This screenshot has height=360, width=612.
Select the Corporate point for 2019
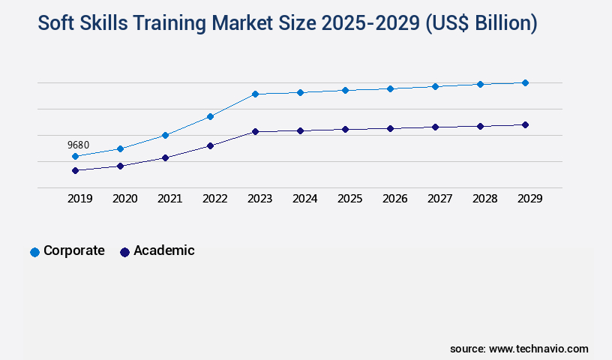(75, 156)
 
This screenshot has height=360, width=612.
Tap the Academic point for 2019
(75, 170)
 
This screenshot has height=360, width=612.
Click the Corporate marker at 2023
(255, 94)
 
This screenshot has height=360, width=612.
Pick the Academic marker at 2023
(255, 131)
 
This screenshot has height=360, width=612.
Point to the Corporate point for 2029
(525, 82)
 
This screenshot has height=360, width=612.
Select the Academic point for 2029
(525, 124)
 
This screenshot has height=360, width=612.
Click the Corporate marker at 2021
(165, 135)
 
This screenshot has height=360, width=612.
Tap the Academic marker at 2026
(390, 128)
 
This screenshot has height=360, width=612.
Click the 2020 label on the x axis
(124, 199)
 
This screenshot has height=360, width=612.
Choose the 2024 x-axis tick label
(304, 199)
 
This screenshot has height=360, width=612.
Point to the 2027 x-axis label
(439, 199)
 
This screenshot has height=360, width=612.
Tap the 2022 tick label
(214, 199)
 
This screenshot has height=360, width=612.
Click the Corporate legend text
(73, 250)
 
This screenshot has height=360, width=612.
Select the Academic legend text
(163, 250)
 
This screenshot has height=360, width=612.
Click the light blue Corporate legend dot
(34, 252)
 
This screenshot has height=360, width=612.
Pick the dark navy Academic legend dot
(124, 252)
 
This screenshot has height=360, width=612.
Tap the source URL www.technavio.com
(538, 349)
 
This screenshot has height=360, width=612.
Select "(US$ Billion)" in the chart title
(481, 23)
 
